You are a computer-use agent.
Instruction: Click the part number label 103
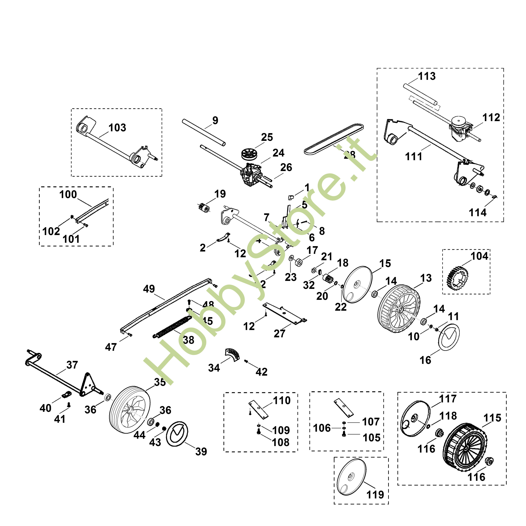117,128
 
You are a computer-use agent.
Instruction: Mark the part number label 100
68,194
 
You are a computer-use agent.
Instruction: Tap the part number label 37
72,365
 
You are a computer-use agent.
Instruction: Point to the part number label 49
149,289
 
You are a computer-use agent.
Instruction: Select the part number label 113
427,76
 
